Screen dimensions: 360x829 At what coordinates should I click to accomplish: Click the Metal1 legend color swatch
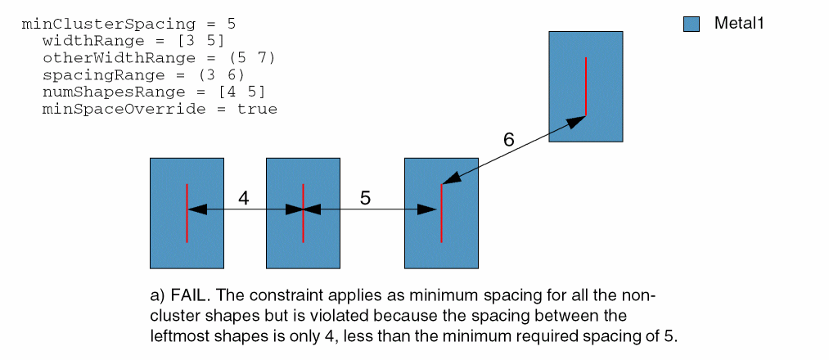click(691, 25)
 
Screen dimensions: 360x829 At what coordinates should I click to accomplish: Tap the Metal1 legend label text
click(739, 25)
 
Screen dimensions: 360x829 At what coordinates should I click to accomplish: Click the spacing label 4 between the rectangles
click(243, 198)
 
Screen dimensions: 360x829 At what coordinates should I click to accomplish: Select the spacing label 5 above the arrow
click(365, 198)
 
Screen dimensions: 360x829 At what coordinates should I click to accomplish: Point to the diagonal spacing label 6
click(509, 139)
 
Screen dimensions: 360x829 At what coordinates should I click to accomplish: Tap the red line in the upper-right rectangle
click(586, 86)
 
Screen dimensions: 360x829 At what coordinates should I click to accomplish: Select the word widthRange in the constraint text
click(84, 42)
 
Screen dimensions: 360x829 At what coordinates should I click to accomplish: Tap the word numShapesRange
click(100, 92)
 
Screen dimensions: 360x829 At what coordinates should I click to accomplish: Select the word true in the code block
click(258, 109)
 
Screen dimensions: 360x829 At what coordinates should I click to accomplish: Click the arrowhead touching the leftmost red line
click(196, 209)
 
